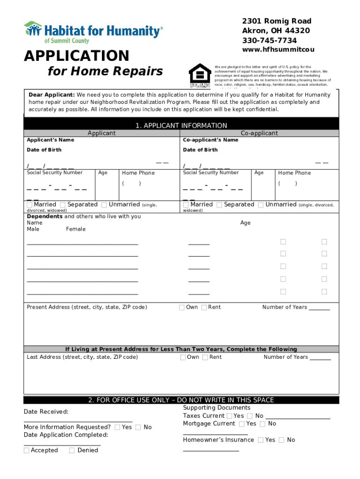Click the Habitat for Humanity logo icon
click(33, 29)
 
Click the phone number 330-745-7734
click(269, 41)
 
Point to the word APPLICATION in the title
click(77, 56)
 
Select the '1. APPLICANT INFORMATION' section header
click(181, 125)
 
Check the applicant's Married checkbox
click(30, 205)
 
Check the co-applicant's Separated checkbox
click(220, 205)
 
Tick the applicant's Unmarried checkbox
click(104, 205)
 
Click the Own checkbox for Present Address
click(182, 307)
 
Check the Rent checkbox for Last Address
click(205, 357)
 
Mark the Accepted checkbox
click(27, 450)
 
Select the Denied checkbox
click(72, 450)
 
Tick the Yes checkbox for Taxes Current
click(229, 416)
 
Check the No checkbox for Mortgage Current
click(263, 424)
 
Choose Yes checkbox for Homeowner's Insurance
click(260, 440)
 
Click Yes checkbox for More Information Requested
click(117, 427)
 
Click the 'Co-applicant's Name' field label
click(210, 140)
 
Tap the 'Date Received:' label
click(46, 412)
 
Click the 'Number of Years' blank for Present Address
click(319, 308)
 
